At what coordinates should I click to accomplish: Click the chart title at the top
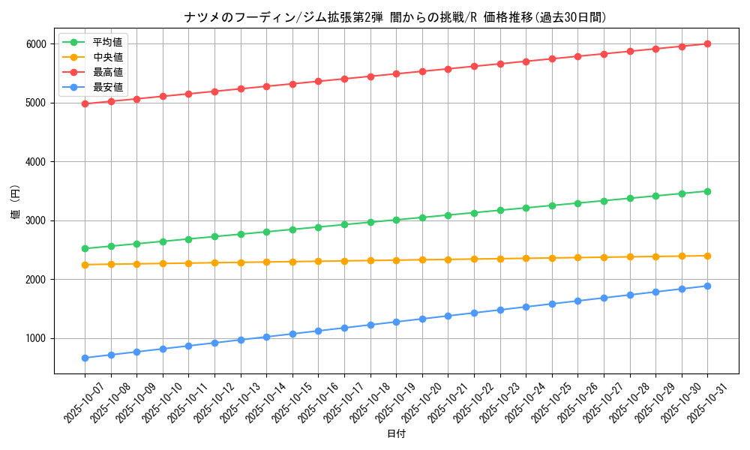click(x=395, y=17)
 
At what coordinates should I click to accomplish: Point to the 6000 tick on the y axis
click(x=36, y=43)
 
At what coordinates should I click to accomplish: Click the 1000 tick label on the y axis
click(x=36, y=338)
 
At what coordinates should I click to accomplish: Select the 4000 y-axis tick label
click(x=36, y=161)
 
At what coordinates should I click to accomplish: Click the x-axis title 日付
click(x=395, y=434)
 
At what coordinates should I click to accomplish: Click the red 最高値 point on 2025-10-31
click(x=707, y=43)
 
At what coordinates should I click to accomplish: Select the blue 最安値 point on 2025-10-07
click(x=85, y=358)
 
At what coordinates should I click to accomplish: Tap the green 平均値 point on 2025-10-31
click(x=707, y=191)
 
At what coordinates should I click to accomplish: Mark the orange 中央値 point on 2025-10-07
click(x=85, y=265)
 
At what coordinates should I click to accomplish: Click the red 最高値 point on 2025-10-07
click(x=85, y=103)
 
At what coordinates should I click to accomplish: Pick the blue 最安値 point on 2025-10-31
click(x=707, y=286)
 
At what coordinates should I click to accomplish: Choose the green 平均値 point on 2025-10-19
click(x=396, y=220)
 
